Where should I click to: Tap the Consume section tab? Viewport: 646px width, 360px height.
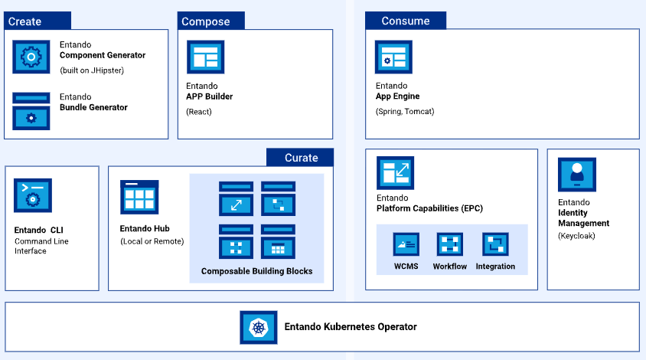point(405,21)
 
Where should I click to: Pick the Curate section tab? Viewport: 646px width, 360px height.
point(301,157)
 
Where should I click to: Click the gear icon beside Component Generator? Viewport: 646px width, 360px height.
point(31,57)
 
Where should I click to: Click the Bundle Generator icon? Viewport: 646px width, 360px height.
point(31,112)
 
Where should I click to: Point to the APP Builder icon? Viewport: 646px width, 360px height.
point(205,57)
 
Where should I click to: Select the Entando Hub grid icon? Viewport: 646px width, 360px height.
point(139,198)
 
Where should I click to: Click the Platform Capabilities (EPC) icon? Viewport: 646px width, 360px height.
point(395,173)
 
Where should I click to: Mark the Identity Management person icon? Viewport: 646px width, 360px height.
point(576,174)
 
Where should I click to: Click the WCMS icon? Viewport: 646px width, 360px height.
point(406,244)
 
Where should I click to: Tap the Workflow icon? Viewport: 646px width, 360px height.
point(450,244)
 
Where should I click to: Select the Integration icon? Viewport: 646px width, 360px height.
point(495,244)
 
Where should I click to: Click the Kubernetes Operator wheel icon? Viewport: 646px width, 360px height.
point(259,327)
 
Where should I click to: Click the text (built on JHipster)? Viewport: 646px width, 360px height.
point(92,70)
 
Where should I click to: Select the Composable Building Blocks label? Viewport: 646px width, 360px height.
point(256,271)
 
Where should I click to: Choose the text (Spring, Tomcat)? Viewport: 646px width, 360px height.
point(405,111)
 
